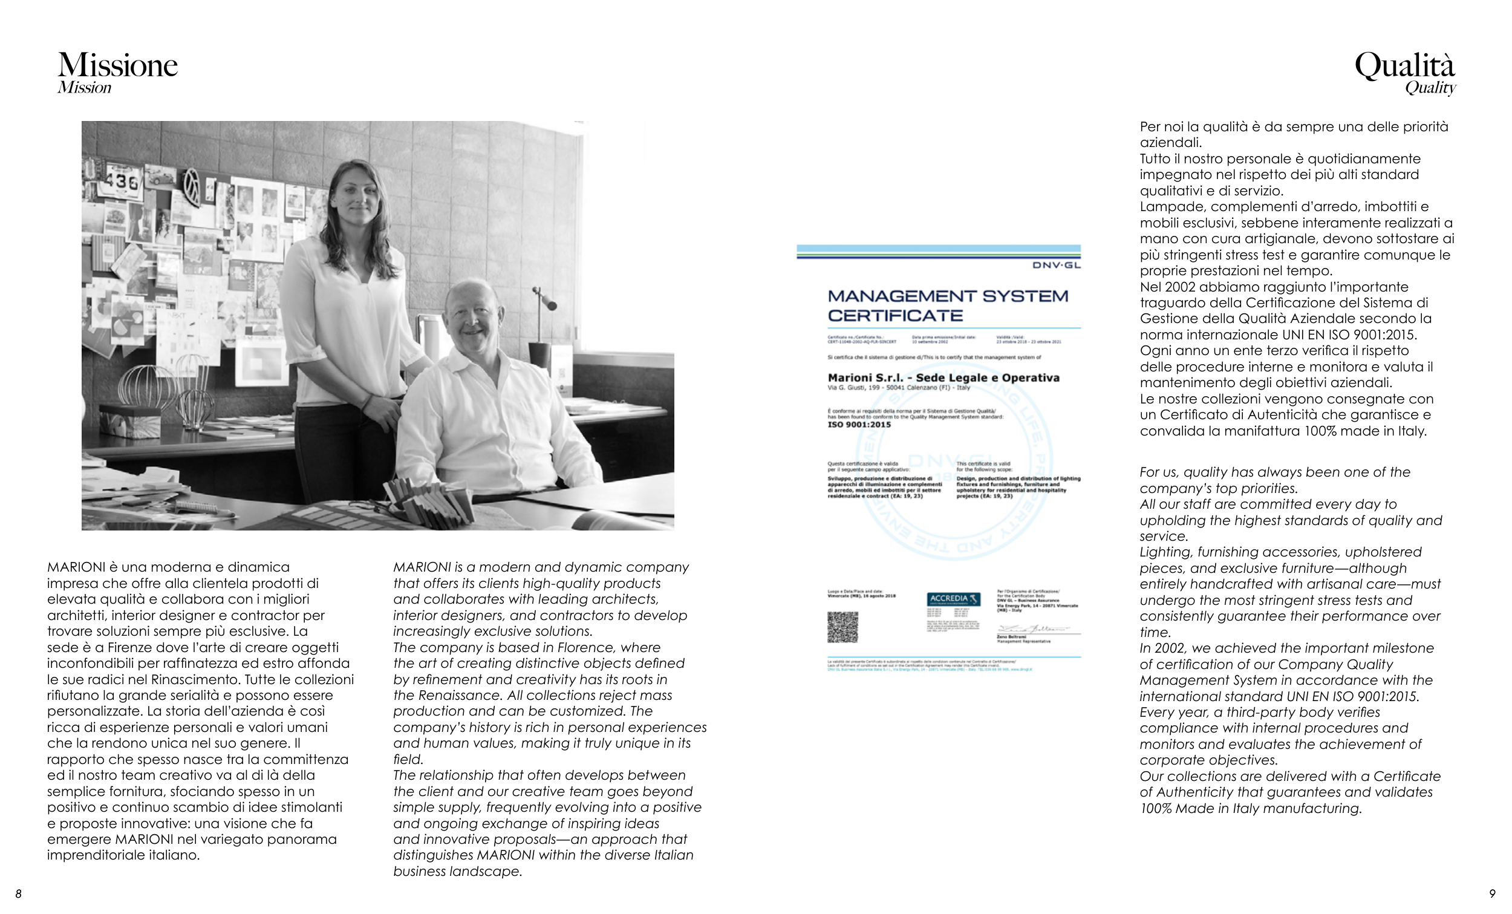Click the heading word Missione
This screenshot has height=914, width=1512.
[x=118, y=65]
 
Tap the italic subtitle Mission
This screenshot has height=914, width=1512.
[x=85, y=88]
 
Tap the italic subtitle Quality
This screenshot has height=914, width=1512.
[x=1430, y=88]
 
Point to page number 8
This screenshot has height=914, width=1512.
[x=18, y=894]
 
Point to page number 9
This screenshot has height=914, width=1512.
[x=1493, y=894]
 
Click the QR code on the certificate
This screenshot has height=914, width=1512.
[x=842, y=627]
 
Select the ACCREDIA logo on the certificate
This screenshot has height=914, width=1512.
[x=953, y=598]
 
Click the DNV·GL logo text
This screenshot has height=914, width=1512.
[x=1056, y=265]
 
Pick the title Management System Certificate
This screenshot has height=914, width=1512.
[x=948, y=305]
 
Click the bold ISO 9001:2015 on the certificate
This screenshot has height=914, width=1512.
[x=859, y=424]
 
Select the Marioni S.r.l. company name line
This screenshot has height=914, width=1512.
[x=943, y=377]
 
